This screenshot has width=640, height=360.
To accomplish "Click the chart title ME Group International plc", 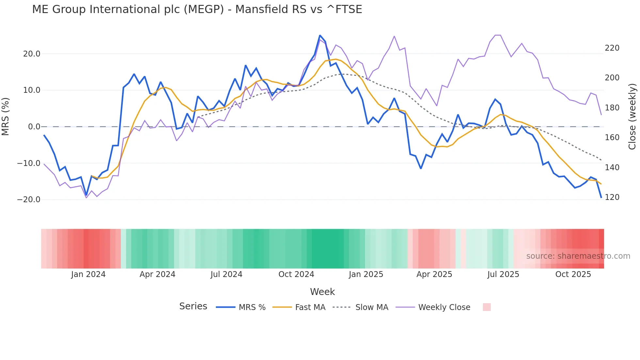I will tap(197, 9).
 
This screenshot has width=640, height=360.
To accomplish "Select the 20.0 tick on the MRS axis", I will tap(31, 54).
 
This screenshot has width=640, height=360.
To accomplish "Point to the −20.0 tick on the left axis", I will tap(29, 200).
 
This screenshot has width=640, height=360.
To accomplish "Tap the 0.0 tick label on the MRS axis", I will tap(34, 127).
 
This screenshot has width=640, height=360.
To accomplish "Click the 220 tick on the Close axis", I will tap(612, 48).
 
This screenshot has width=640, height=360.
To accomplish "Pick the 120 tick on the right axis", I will tap(612, 197).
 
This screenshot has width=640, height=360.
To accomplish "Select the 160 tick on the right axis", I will tap(612, 138).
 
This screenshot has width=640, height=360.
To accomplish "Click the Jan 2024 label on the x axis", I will tap(88, 274).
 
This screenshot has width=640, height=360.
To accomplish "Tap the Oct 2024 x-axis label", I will tap(296, 274).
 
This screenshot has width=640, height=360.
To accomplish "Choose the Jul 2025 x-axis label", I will tap(503, 274).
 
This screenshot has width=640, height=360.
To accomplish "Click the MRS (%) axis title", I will tap(5, 117).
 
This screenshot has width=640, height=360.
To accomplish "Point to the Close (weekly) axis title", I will tap(632, 117).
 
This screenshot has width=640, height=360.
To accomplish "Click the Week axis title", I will tap(322, 292).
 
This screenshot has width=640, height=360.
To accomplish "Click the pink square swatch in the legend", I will tap(487, 307).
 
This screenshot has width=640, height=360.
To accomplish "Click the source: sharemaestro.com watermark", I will tap(578, 256).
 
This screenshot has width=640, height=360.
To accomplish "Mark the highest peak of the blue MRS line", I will tap(320, 35).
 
